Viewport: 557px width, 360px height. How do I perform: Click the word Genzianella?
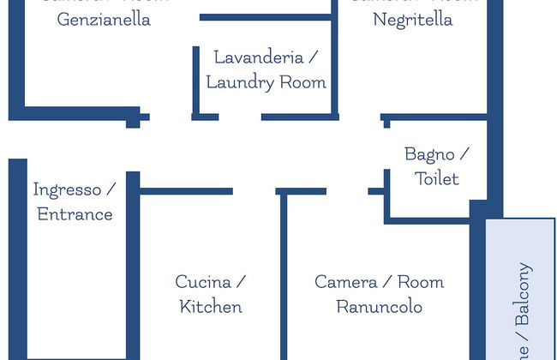[x=104, y=19]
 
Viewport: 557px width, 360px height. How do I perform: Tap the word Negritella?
[x=413, y=19]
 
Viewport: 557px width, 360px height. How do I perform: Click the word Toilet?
[x=437, y=179]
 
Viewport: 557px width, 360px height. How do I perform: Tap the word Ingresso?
[x=67, y=189]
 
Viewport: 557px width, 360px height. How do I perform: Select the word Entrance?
[x=75, y=213]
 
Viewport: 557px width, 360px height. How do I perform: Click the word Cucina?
[x=203, y=281]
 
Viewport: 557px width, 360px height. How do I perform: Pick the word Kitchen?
[x=211, y=306]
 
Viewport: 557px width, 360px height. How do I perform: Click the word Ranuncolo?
[x=379, y=306]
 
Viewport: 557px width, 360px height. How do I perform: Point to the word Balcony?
[x=524, y=294]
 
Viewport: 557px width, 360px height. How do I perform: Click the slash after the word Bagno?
[x=464, y=154]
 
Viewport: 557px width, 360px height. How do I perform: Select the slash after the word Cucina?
[x=242, y=281]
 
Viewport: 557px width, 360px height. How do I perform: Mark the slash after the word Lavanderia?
[x=314, y=57]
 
